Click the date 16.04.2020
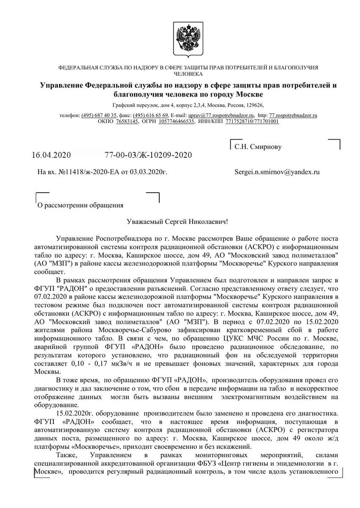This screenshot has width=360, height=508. tap(52, 155)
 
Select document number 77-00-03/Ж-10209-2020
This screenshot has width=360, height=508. tap(148, 155)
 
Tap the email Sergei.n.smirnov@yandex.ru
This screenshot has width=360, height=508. tap(277, 172)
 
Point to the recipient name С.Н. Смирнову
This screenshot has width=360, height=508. tap(258, 147)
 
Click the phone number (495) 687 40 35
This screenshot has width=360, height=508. tap(99, 115)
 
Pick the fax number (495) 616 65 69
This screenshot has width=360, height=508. tap(151, 115)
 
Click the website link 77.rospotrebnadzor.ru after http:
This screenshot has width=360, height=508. tap(294, 115)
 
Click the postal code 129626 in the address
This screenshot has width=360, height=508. tap(254, 104)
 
